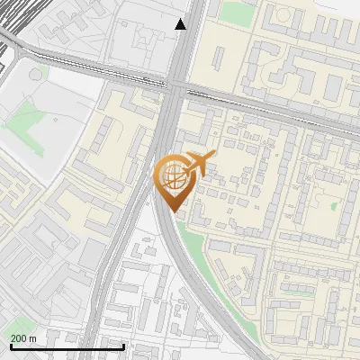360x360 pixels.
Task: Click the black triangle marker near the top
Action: [x=181, y=24]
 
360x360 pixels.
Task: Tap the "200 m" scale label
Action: [x=23, y=337]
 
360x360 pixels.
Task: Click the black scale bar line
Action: [x=67, y=346]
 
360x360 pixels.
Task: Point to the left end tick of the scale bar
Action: [x=11, y=345]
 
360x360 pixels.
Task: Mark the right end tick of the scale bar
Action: [x=123, y=345]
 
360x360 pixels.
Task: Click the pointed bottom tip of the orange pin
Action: [x=174, y=213]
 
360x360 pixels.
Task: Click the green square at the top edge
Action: [x=236, y=12]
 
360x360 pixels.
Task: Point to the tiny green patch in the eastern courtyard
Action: [x=334, y=205]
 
